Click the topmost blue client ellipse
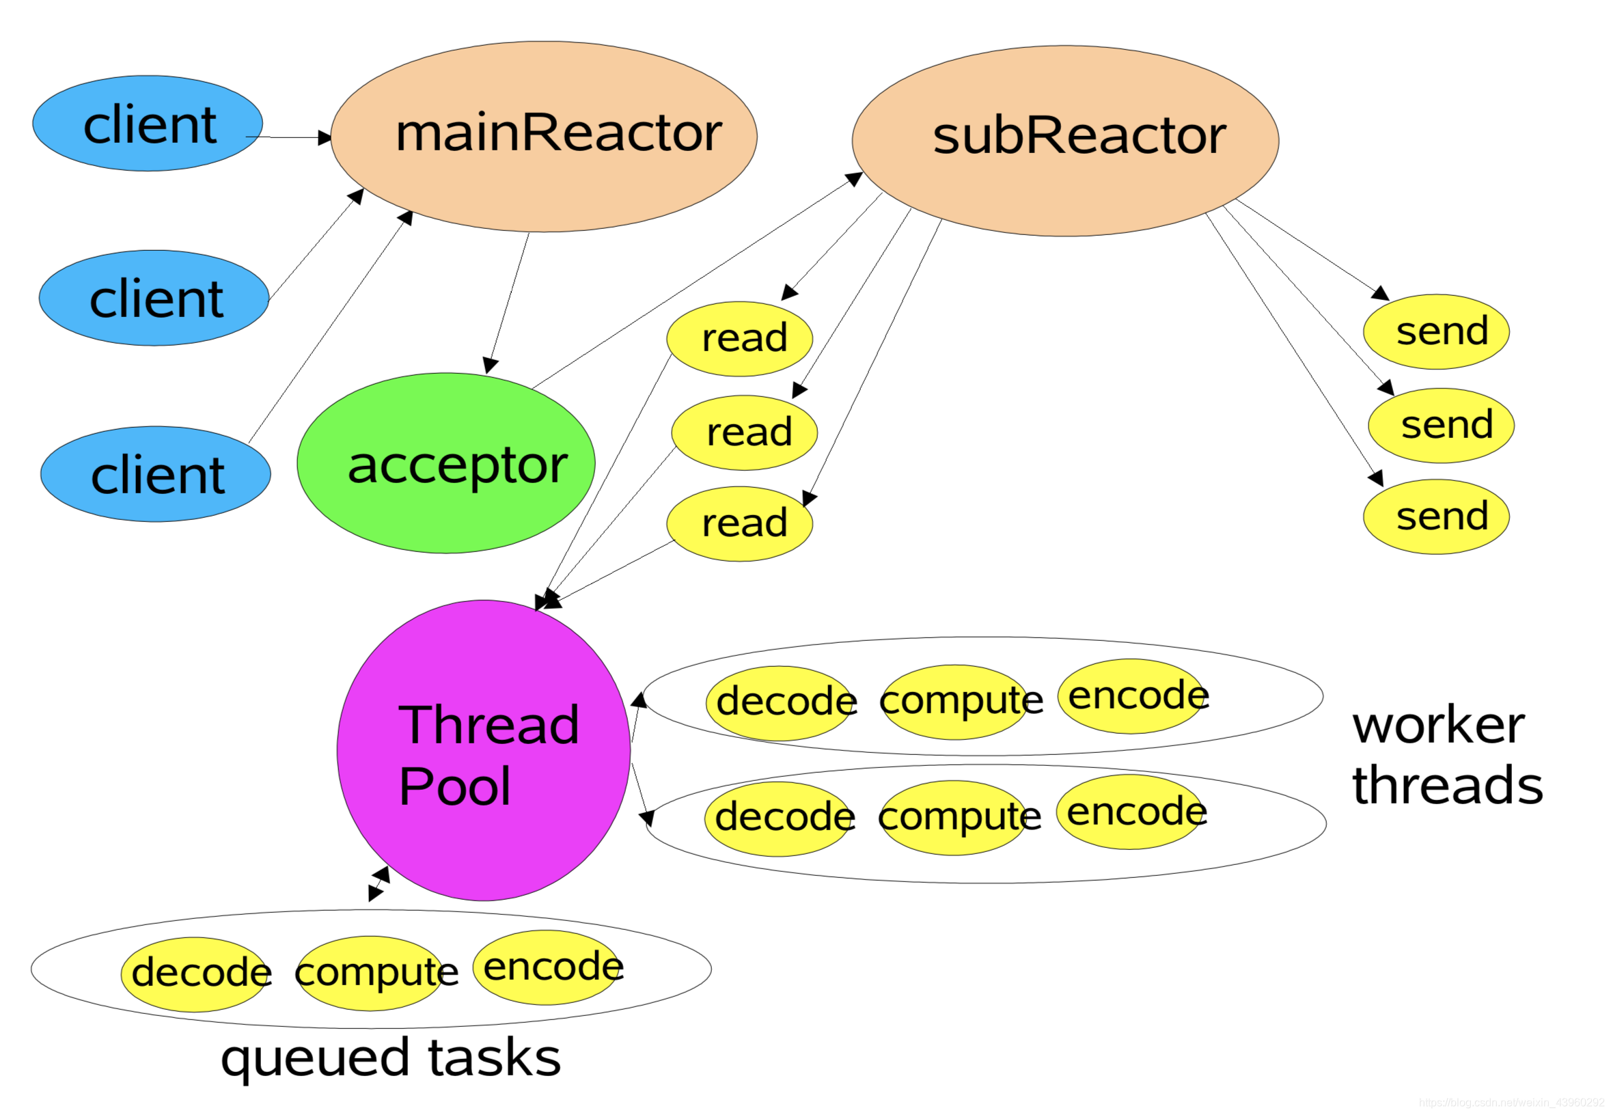point(148,124)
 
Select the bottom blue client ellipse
point(155,474)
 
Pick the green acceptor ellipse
point(445,464)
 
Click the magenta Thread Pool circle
point(484,751)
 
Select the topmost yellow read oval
point(739,339)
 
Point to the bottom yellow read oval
point(739,524)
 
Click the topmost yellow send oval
point(1435,332)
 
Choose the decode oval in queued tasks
point(195,974)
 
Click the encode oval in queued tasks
point(548,968)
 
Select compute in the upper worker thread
point(954,702)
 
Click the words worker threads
point(1446,756)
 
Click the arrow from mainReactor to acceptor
point(508,301)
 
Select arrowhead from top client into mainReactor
point(325,137)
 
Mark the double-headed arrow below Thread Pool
point(378,885)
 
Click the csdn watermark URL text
point(1511,1103)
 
